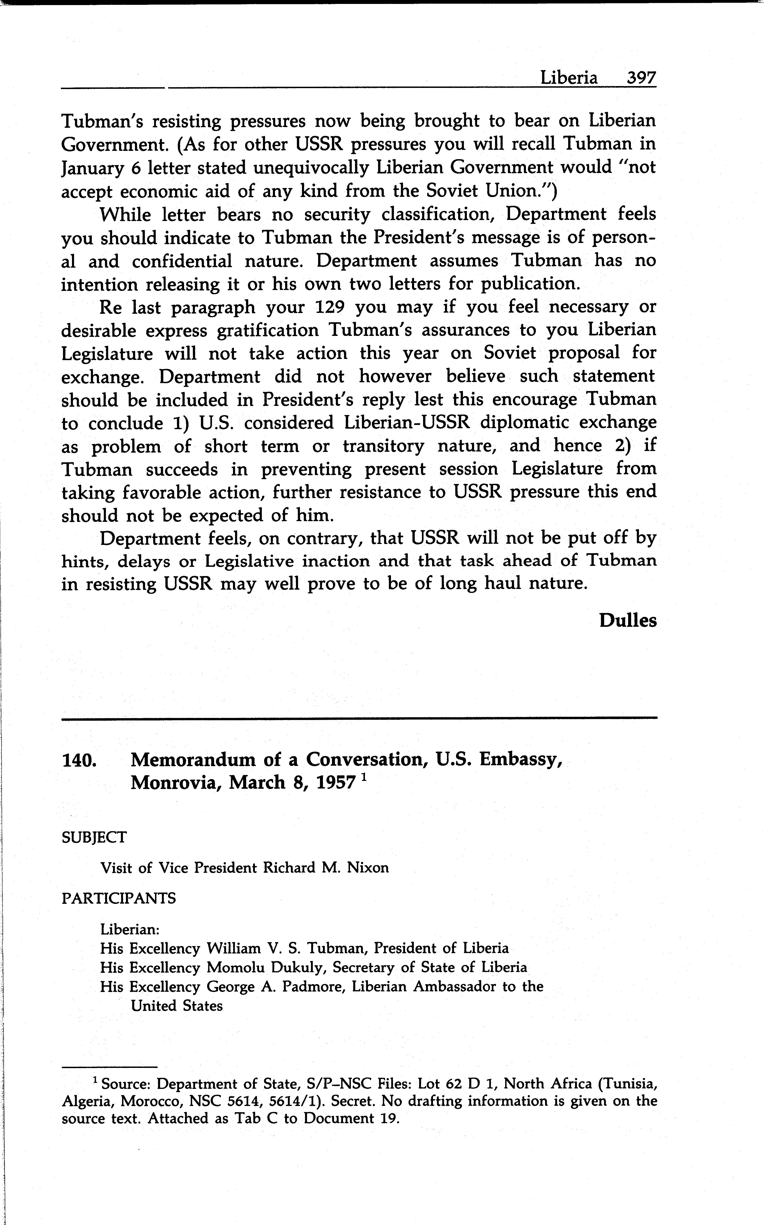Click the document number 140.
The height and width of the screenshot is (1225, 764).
79,759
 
